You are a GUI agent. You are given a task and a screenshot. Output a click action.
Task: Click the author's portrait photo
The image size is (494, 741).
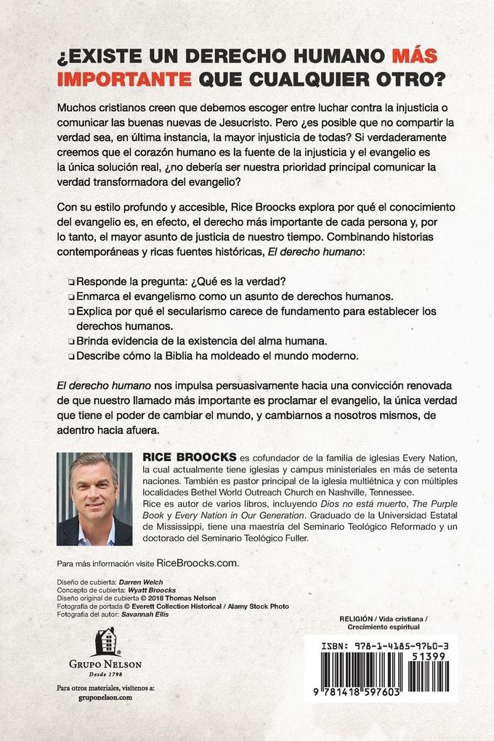(x=94, y=499)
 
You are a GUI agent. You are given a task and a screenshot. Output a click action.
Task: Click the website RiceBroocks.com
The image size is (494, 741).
(x=198, y=563)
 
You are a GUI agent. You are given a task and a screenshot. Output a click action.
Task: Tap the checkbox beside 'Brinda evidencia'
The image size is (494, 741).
(x=70, y=342)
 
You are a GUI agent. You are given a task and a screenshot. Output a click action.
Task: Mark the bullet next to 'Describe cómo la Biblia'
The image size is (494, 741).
(x=70, y=357)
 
